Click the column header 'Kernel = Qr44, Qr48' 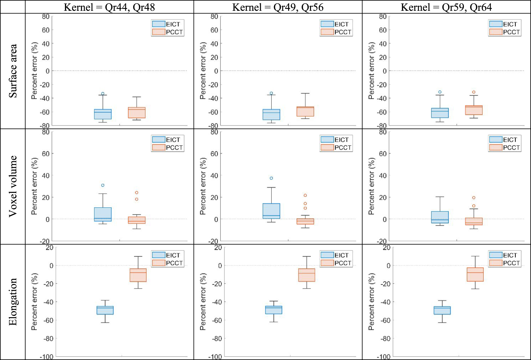[109, 7]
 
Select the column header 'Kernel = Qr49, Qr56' [278, 7]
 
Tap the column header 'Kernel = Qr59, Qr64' [446, 7]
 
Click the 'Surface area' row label [13, 71]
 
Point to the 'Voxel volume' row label [13, 186]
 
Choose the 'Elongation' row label [13, 302]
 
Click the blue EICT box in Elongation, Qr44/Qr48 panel [105, 310]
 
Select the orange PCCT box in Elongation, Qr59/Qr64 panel [475, 274]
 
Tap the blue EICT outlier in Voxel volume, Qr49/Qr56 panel [271, 178]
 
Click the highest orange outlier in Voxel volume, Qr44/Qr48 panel [137, 193]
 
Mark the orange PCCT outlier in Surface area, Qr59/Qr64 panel [474, 92]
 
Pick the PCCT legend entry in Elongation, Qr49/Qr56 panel [336, 263]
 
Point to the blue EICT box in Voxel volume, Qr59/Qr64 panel [440, 217]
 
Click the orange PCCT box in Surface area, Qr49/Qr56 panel [305, 111]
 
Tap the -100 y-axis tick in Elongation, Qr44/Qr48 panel [46, 357]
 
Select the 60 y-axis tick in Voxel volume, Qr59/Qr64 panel [383, 154]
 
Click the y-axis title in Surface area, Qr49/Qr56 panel [203, 71]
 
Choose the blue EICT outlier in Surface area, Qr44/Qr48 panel [103, 94]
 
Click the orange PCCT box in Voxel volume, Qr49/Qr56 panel [305, 221]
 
